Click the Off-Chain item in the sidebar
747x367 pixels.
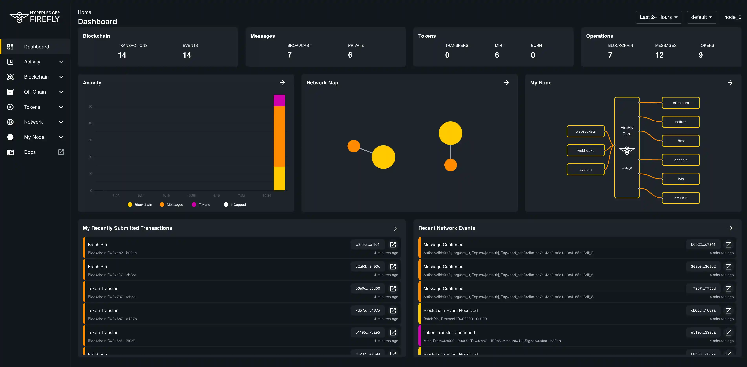click(35, 92)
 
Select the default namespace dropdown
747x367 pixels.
click(701, 17)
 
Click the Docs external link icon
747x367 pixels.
click(61, 152)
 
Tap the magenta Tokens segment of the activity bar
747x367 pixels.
click(279, 100)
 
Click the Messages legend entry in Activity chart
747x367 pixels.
click(174, 205)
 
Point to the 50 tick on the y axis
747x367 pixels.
click(90, 106)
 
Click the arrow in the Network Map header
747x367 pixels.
click(506, 83)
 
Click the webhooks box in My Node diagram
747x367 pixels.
click(585, 151)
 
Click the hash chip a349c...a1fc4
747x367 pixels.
click(367, 244)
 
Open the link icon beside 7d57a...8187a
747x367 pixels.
click(393, 310)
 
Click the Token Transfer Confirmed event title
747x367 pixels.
click(449, 332)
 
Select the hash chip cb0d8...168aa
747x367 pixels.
click(703, 310)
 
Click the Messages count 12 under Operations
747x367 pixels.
click(659, 55)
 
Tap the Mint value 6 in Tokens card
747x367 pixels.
click(497, 55)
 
